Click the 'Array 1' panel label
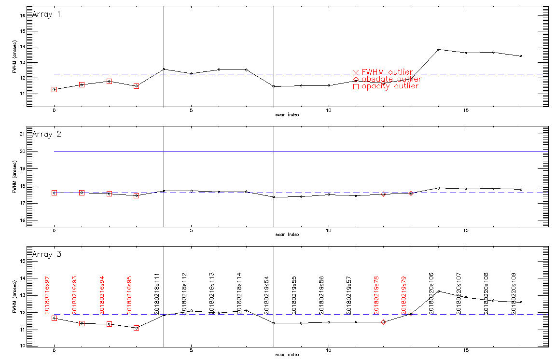point(46,14)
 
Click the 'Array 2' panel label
point(46,134)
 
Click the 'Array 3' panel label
point(46,254)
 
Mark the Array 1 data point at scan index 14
point(438,49)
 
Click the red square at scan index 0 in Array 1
point(55,89)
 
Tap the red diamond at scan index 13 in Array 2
point(411,193)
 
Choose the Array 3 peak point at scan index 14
point(438,291)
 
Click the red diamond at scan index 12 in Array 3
point(383,322)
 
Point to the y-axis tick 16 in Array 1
point(22,15)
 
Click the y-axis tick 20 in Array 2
point(22,151)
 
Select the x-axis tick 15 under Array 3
point(466,351)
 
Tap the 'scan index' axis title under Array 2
point(287,235)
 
